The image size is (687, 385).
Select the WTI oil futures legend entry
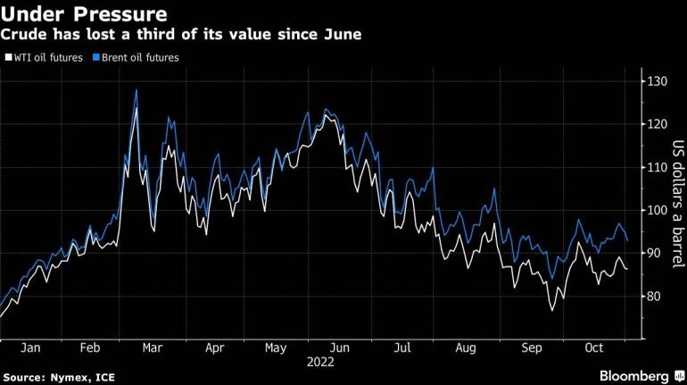pos(46,57)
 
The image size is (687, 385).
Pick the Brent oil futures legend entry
pos(139,57)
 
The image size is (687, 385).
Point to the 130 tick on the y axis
pos(658,82)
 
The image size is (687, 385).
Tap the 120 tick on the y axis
pos(658,125)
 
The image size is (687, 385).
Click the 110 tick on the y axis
pos(658,168)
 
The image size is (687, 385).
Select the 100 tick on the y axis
pos(658,211)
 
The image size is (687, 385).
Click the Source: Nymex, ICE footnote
pos(59,374)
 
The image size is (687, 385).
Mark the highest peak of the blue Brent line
pos(136,89)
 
